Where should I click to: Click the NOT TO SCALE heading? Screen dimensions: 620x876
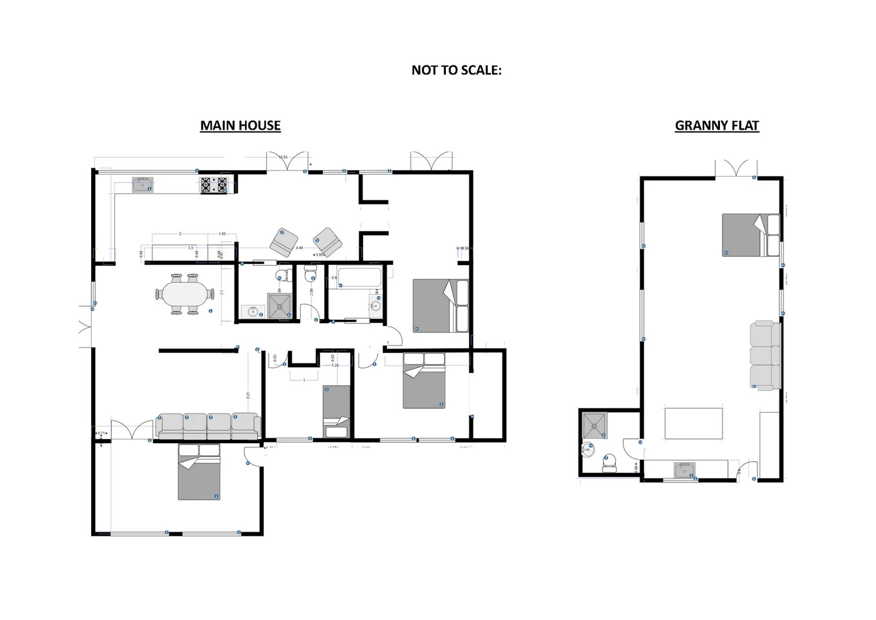pos(456,70)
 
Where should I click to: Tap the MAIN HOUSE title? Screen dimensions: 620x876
pos(240,125)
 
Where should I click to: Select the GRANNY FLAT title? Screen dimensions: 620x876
pos(717,125)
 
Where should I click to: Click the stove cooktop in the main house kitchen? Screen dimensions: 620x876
pos(213,185)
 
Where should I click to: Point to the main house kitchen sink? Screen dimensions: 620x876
pos(142,185)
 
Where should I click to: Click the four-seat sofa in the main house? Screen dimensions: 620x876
pos(208,427)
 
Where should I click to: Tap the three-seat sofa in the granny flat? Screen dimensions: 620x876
pos(765,356)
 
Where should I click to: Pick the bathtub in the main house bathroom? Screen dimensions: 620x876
pos(360,277)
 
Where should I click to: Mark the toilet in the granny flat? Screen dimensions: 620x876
pos(609,463)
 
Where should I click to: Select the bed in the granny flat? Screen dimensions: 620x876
pos(750,235)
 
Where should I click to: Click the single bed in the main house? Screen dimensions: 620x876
pos(336,411)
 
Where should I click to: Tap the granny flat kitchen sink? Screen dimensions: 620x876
pos(684,470)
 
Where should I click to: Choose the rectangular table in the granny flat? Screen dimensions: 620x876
pos(693,424)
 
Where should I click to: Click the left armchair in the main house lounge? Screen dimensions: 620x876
pos(284,242)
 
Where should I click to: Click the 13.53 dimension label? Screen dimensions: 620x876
pos(283,157)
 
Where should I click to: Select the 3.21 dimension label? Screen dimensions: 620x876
pos(248,395)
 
